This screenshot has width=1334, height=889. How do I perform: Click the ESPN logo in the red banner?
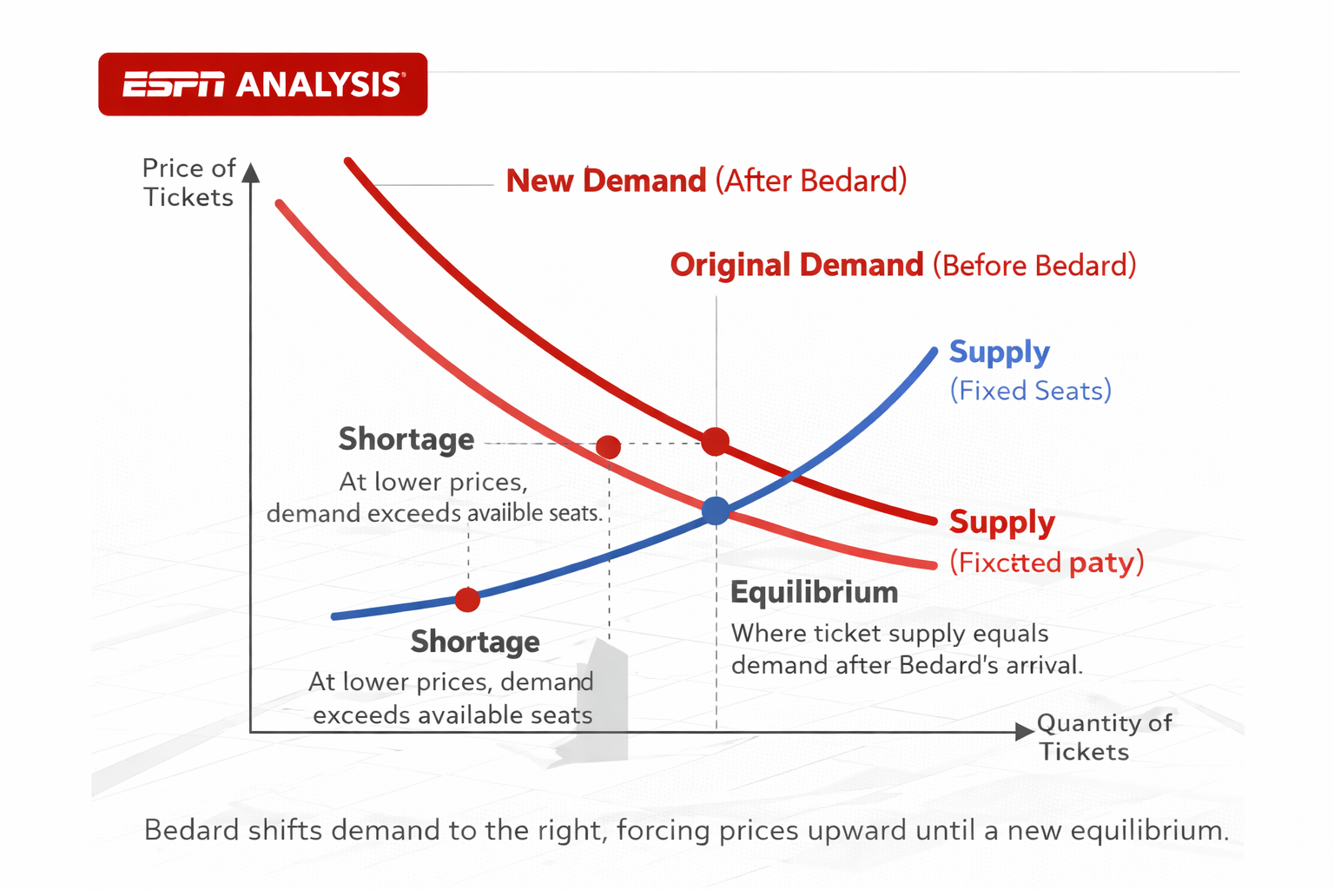[x=173, y=84]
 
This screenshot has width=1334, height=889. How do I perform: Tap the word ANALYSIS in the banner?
[x=319, y=84]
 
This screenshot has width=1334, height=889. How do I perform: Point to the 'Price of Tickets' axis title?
[x=188, y=182]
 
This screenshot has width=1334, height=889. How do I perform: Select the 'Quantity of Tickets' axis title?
[x=1103, y=737]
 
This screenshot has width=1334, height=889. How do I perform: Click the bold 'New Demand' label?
[x=606, y=181]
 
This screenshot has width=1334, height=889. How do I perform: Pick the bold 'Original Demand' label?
[x=796, y=265]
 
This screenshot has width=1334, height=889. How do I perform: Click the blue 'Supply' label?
[x=999, y=352]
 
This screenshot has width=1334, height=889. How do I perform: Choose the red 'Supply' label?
[x=1001, y=522]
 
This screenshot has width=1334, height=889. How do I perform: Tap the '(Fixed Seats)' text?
[x=1030, y=391]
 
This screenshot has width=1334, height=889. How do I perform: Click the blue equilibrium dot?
[x=716, y=510]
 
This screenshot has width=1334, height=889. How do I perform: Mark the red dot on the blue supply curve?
[x=467, y=599]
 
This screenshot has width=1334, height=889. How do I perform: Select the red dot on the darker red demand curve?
[x=715, y=441]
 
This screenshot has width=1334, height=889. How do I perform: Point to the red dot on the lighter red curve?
[x=609, y=447]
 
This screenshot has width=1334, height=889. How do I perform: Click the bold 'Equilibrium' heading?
[x=814, y=592]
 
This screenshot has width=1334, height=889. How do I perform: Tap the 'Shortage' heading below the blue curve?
[x=475, y=642]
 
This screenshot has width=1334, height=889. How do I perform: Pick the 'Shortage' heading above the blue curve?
[x=406, y=439]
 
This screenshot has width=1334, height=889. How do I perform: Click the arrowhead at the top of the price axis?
[x=251, y=172]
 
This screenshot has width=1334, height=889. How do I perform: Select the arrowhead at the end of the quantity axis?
[x=1024, y=731]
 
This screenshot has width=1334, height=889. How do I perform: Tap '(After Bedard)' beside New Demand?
[x=811, y=181]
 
